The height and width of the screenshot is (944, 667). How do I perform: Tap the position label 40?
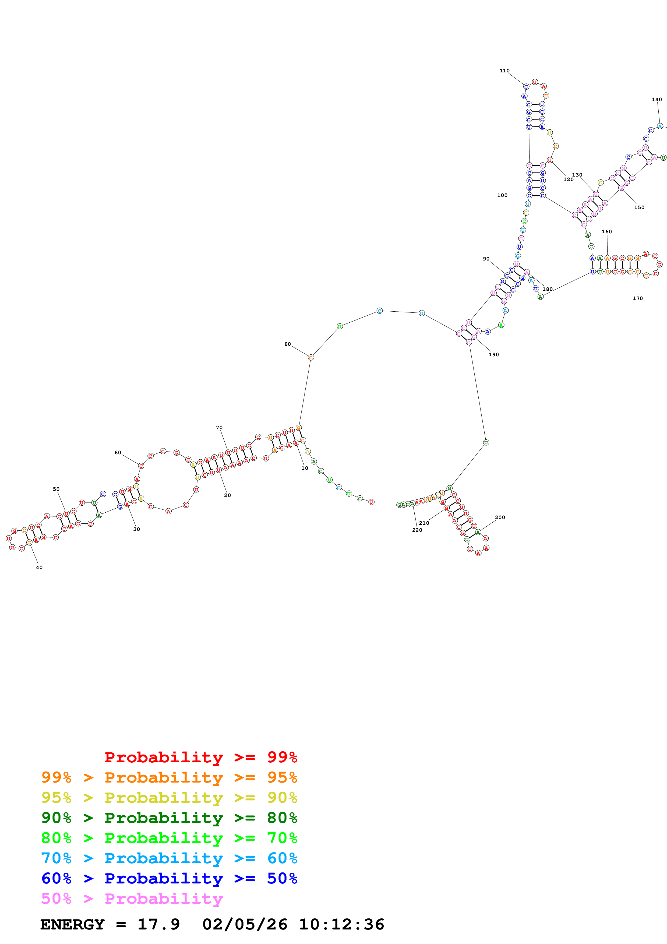[39, 567]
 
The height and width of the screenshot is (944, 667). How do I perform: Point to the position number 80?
[288, 344]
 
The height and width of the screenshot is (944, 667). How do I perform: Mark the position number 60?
[118, 453]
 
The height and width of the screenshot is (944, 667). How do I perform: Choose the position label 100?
[502, 195]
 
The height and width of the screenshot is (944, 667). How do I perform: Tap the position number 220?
[417, 530]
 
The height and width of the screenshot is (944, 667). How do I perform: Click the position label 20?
[227, 495]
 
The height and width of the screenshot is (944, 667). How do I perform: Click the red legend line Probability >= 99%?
[200, 757]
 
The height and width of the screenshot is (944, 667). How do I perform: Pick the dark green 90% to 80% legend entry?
[169, 818]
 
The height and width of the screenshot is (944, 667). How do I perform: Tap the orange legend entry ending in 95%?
[169, 777]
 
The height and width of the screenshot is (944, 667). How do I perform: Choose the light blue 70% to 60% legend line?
[169, 858]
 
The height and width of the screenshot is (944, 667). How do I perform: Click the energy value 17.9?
[159, 924]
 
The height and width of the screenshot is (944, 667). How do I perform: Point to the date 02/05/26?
[245, 924]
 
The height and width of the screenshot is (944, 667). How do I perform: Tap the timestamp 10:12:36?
[341, 924]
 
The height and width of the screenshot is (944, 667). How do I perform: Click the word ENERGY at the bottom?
[72, 924]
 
